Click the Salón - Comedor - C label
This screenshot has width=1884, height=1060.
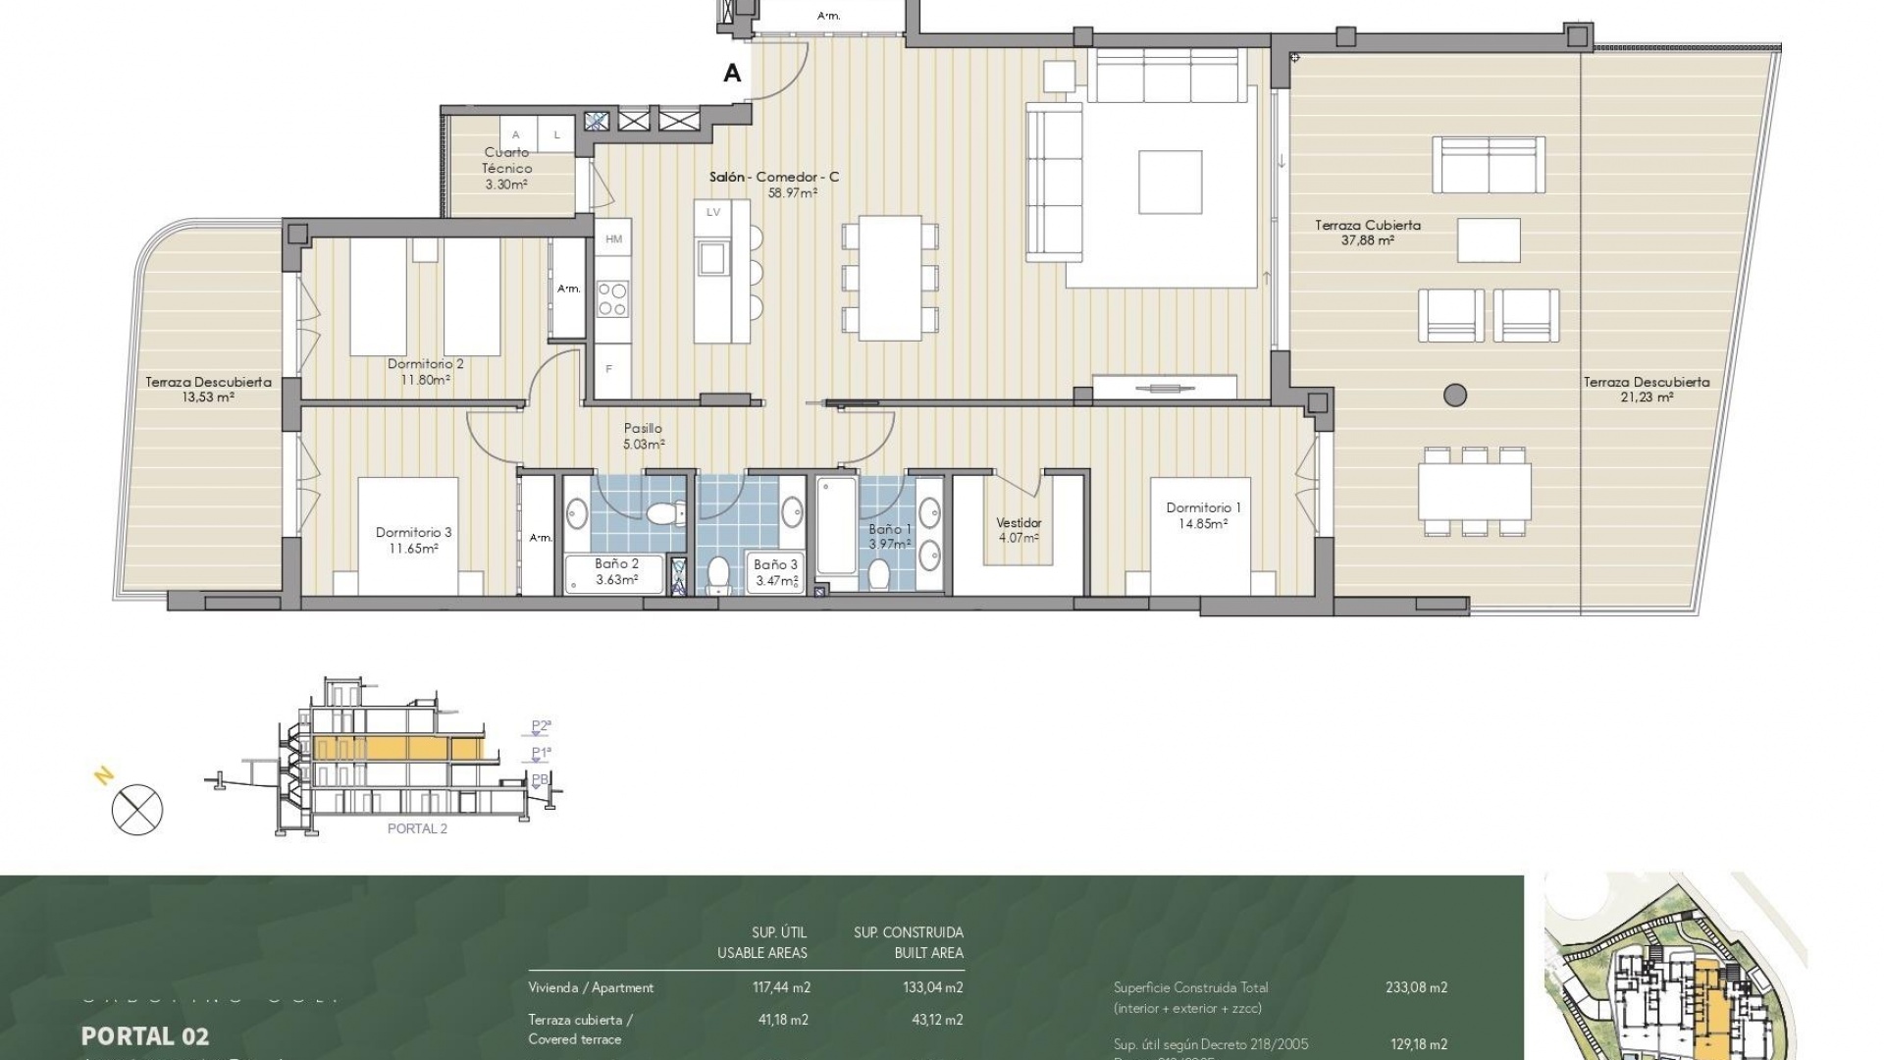774,178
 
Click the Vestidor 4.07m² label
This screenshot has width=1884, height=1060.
1019,530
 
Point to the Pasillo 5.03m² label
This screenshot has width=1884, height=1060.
644,436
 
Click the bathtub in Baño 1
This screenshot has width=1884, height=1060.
836,527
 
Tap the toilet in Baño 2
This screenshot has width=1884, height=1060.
667,513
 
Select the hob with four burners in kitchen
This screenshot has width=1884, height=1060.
613,298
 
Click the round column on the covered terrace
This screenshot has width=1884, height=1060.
1455,395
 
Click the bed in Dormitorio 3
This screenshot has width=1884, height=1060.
408,535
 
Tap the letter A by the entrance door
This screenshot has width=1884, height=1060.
732,73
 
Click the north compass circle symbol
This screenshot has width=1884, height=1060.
137,811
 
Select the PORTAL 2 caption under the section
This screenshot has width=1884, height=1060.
417,828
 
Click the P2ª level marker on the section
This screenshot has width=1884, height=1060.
541,726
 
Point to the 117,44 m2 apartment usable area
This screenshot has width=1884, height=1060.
781,987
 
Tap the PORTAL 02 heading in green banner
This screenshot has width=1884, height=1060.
145,1035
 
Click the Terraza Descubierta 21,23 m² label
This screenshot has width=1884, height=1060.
1647,390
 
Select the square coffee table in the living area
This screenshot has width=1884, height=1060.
1170,182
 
